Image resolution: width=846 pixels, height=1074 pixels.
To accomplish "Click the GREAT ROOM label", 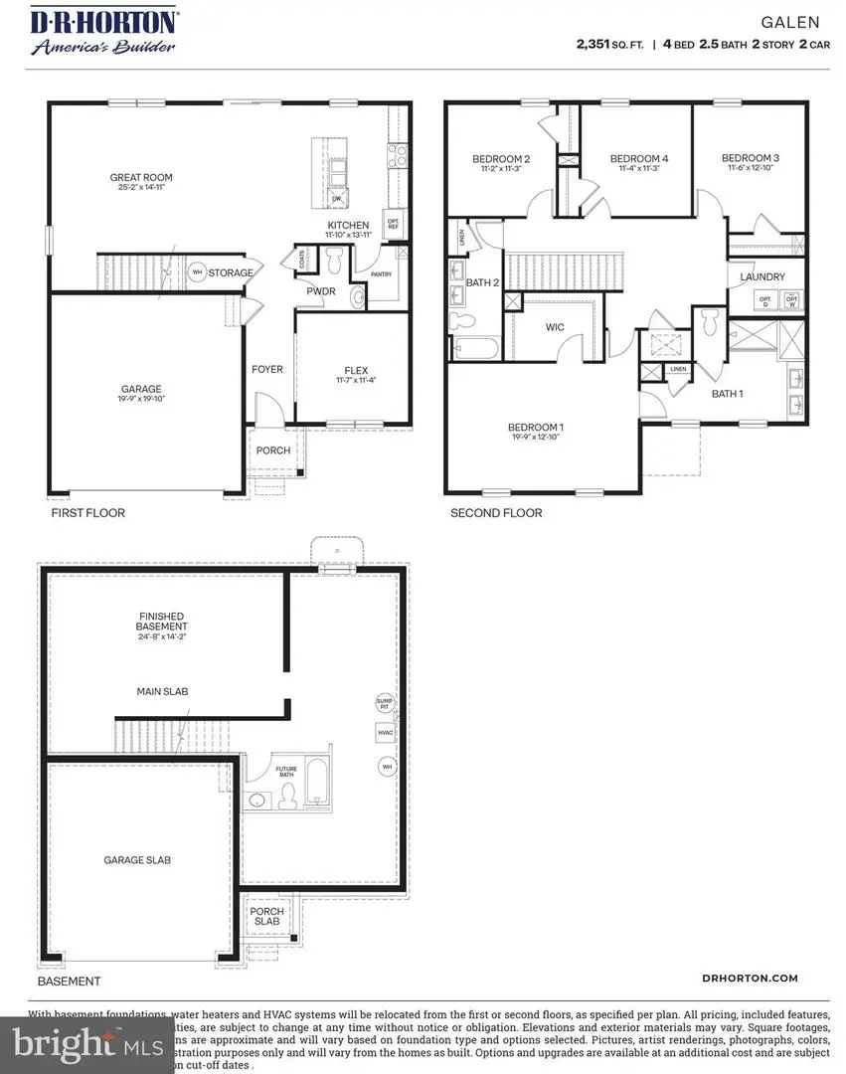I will tap(136, 178).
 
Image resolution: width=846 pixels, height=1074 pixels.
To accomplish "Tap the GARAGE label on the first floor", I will tap(142, 389).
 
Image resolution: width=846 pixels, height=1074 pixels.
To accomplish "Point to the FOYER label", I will tap(266, 369).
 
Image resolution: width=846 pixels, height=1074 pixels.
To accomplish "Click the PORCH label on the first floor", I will tap(273, 450).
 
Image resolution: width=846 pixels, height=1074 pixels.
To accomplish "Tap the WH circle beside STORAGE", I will tap(197, 272).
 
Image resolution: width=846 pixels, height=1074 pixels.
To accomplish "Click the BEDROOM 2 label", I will tap(500, 159).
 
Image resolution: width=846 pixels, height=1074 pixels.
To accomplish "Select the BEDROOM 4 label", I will tap(638, 159).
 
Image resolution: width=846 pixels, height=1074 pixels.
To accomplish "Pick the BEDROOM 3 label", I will tap(750, 158).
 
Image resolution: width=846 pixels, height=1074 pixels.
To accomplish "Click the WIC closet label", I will tap(555, 327).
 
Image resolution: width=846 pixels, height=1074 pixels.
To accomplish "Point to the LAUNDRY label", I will tap(762, 277).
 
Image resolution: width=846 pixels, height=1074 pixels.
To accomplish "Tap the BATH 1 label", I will tap(727, 394).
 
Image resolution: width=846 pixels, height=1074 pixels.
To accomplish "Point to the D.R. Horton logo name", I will tap(104, 19).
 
